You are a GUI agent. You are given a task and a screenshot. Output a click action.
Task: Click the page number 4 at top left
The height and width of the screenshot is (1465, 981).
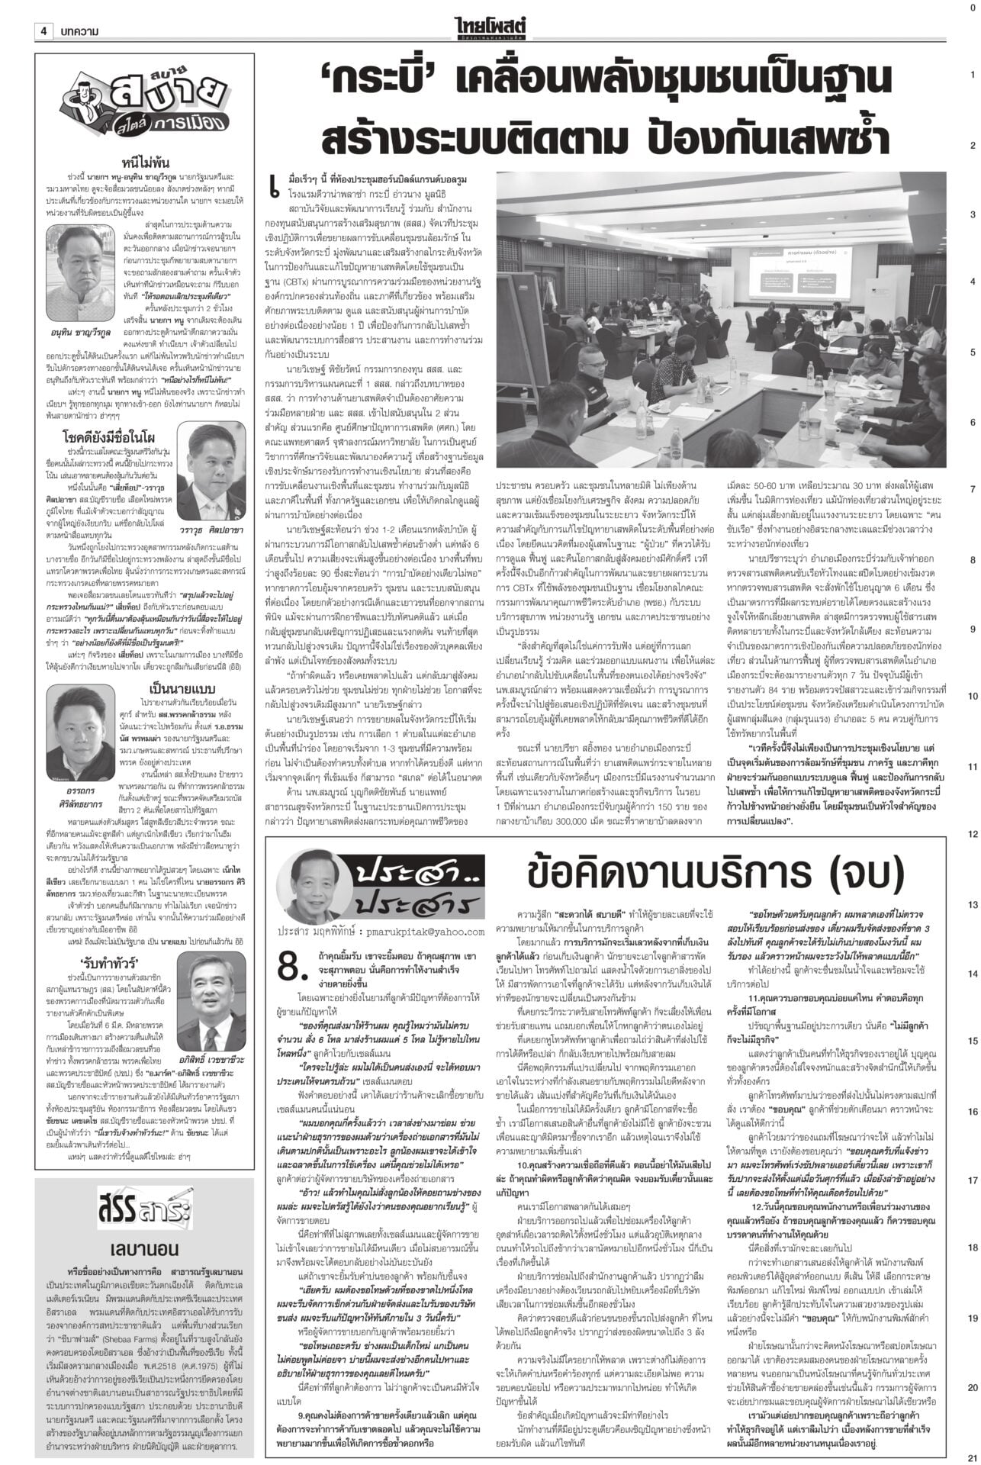[x=44, y=31]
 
